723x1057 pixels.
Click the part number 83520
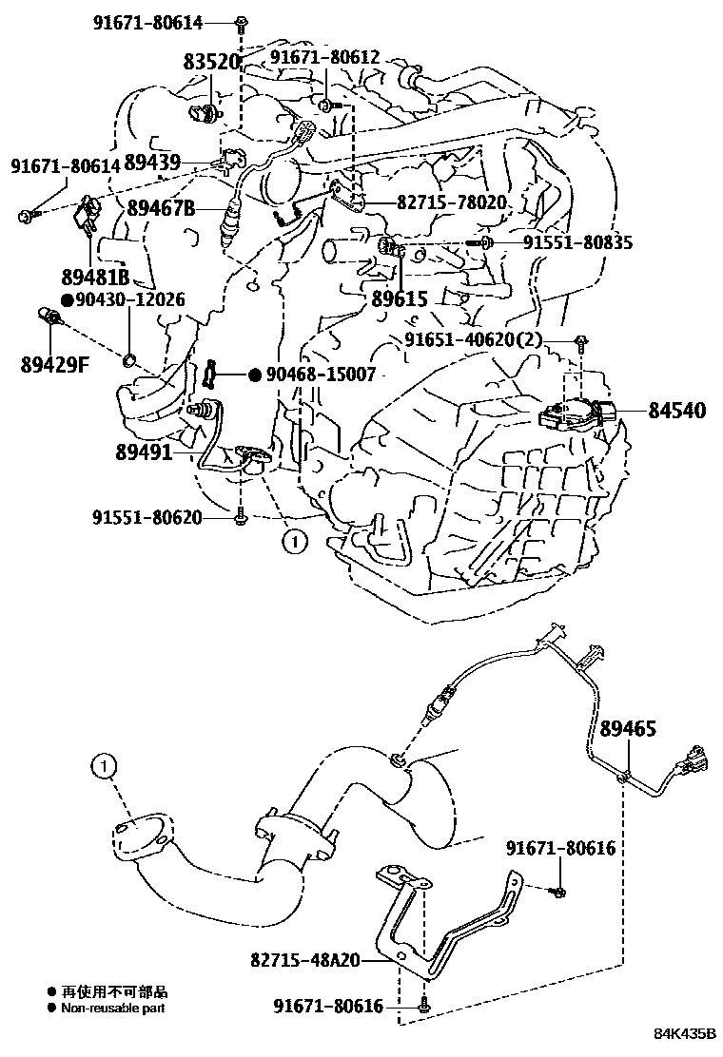coord(210,62)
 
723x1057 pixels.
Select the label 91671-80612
coord(325,57)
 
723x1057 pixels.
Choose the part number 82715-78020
coord(438,203)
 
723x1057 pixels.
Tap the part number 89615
coord(399,298)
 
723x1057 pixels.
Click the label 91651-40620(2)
coord(487,339)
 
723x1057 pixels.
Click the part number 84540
coord(677,411)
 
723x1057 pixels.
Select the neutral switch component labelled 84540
coord(576,415)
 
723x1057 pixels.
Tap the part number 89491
coord(145,453)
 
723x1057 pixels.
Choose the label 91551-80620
coord(147,517)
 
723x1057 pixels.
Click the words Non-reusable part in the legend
coord(107,1008)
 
